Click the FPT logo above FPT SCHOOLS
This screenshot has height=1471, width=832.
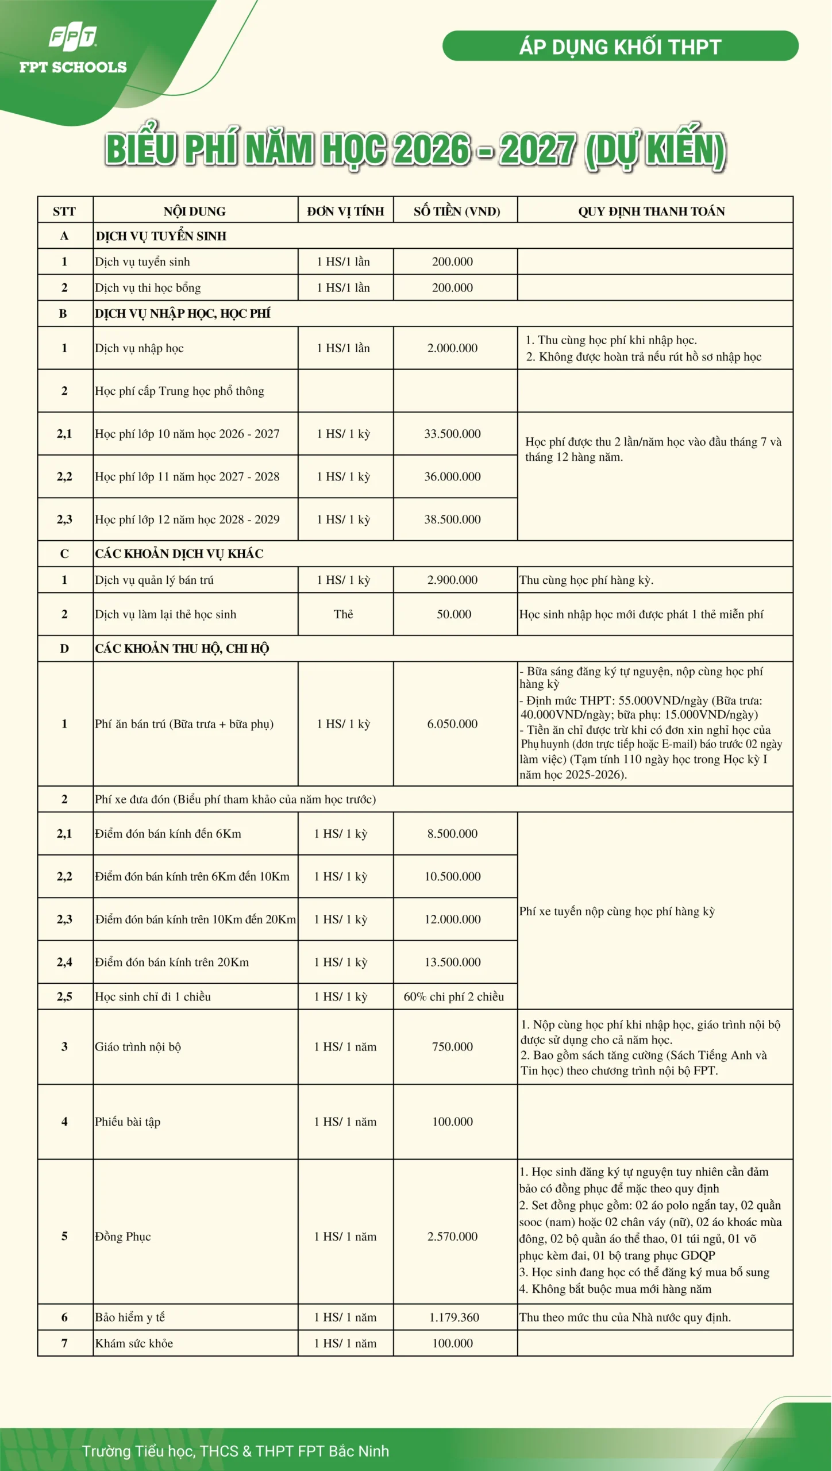coord(73,36)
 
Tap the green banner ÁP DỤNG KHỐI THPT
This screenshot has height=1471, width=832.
coord(620,46)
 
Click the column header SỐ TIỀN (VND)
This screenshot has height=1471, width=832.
coord(456,211)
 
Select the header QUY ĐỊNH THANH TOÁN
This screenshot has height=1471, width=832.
coord(651,211)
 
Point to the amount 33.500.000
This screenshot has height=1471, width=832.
coord(452,434)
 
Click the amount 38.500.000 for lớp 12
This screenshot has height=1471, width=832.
coord(452,519)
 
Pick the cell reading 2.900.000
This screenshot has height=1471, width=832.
coord(452,580)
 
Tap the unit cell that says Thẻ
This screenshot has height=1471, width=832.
coord(344,614)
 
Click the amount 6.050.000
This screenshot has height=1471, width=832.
coord(452,724)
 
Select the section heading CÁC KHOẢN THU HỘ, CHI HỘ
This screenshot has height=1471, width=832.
coord(182,649)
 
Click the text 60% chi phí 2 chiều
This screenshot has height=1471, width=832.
coord(453,996)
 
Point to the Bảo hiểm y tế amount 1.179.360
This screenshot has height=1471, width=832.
coord(454,1318)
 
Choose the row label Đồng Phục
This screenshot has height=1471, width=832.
coord(123,1237)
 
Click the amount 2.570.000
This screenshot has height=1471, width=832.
coord(452,1237)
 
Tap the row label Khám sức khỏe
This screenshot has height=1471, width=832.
coord(134,1343)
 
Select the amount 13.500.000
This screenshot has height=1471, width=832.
coord(452,962)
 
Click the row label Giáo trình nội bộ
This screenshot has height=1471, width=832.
coord(138,1047)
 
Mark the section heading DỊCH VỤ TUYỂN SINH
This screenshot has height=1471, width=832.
coord(161,236)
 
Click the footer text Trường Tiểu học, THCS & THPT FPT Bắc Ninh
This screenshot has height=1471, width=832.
coord(235,1451)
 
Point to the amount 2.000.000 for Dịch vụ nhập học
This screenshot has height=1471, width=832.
coord(452,348)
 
